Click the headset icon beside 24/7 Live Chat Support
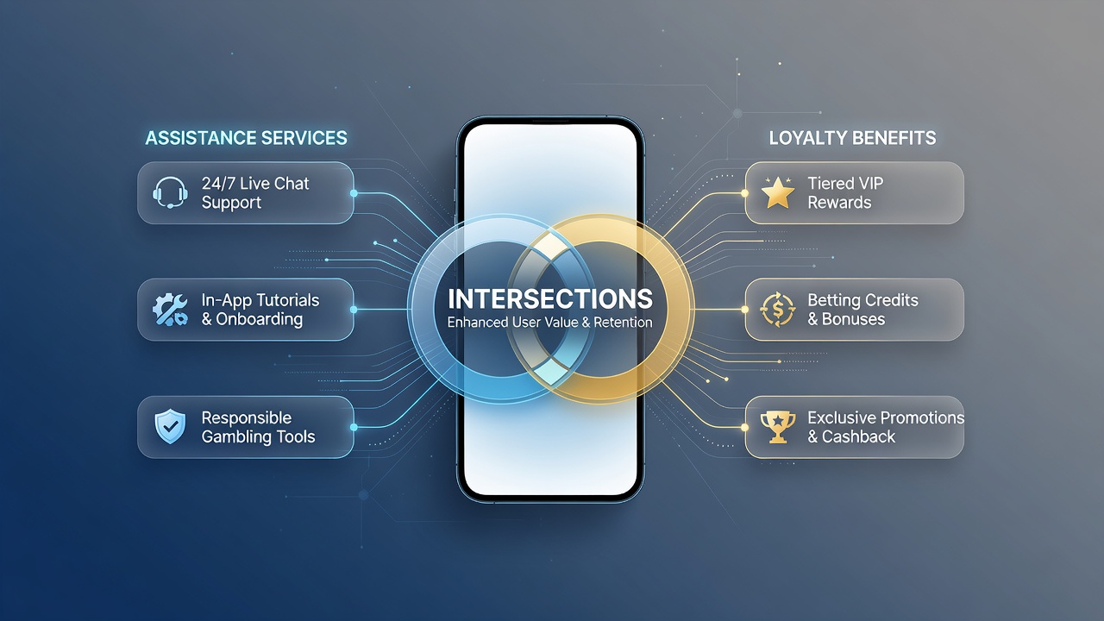click(x=170, y=192)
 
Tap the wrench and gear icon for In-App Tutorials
click(x=170, y=310)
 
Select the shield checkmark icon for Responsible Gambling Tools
click(x=170, y=426)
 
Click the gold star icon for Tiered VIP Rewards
click(x=778, y=192)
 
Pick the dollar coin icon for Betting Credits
click(x=778, y=310)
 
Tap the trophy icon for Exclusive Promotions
click(x=778, y=427)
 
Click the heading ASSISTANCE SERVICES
click(x=247, y=138)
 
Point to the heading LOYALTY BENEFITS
click(x=853, y=138)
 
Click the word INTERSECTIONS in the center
click(x=550, y=298)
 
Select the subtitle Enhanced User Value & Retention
click(x=550, y=323)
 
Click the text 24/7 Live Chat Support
click(x=255, y=192)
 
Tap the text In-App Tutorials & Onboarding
click(x=260, y=310)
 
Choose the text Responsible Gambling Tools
click(x=258, y=427)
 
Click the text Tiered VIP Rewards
click(x=845, y=192)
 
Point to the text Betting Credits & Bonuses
click(x=863, y=310)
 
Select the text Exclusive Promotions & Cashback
click(x=886, y=427)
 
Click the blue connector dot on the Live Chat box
click(x=354, y=193)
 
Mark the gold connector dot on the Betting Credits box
click(x=744, y=310)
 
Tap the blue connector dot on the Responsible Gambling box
click(x=354, y=427)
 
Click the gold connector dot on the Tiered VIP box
click(x=744, y=193)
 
